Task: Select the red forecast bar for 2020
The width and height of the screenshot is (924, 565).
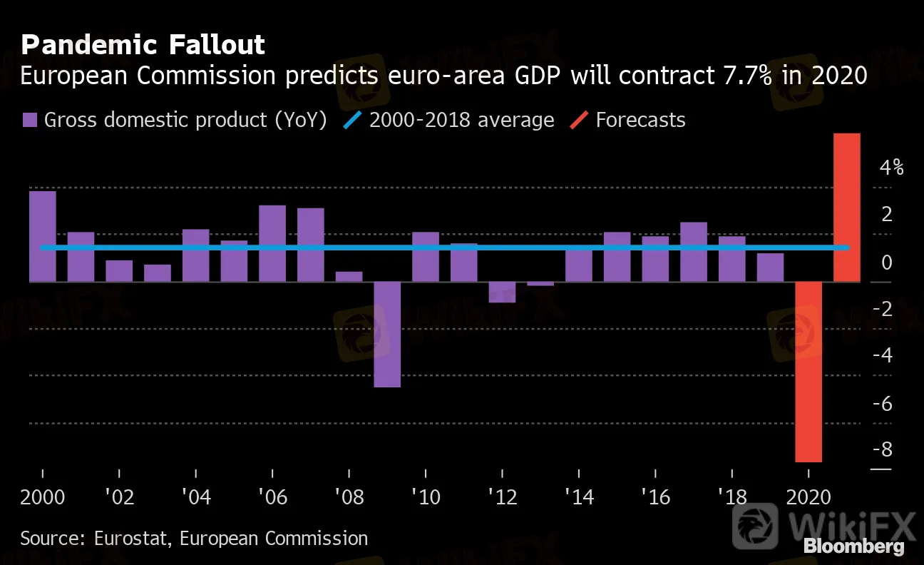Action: pos(808,372)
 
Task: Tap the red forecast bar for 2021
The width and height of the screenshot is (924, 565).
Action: pos(847,207)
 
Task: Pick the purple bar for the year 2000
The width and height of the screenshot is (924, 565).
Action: pos(43,236)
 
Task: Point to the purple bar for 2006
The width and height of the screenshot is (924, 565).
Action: pos(272,243)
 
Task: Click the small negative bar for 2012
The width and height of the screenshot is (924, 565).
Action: pos(502,292)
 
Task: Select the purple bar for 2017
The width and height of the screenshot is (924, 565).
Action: pos(694,252)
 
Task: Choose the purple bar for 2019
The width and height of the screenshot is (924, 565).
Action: pos(770,267)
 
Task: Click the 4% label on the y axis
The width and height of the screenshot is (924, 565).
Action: pos(891,168)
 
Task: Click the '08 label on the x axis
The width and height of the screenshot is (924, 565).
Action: pos(349,496)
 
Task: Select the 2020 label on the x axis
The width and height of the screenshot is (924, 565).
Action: pos(808,496)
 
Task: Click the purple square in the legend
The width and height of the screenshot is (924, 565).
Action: pos(29,120)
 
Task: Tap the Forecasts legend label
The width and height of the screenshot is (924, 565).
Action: pos(640,120)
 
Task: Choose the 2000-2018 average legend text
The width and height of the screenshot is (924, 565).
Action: pos(461,120)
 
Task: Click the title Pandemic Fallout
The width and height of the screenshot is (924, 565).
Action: pos(143,45)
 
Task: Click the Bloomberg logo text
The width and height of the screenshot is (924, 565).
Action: pos(853,547)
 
